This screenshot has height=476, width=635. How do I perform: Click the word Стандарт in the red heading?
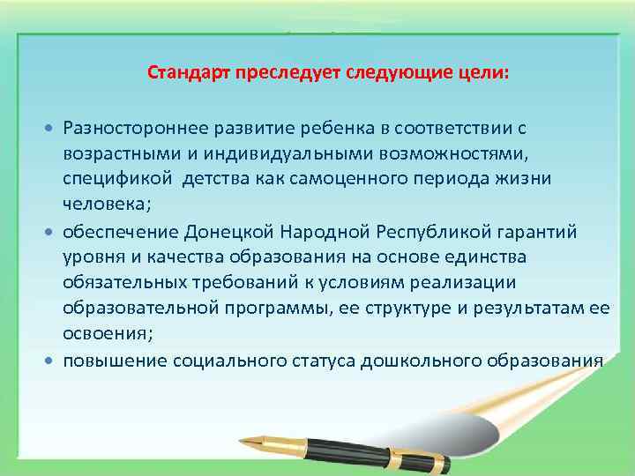point(184,73)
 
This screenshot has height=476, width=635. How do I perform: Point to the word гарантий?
point(539,232)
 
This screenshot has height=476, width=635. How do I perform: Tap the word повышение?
point(110,361)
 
